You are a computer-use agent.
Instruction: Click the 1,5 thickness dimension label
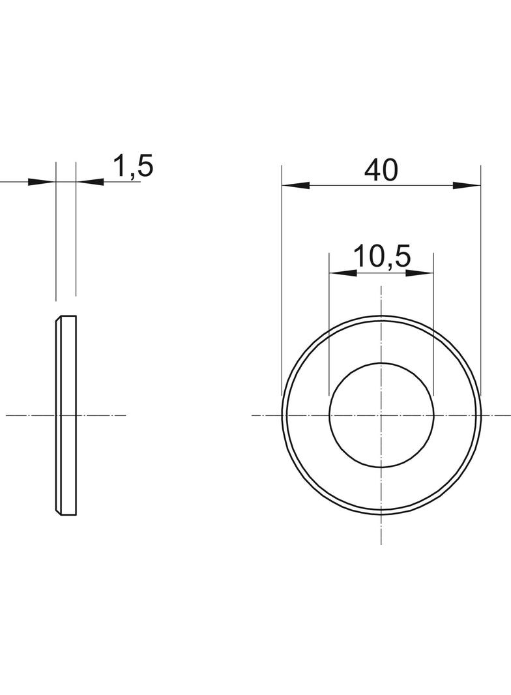click(x=134, y=166)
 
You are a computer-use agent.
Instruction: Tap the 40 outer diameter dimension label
click(x=381, y=170)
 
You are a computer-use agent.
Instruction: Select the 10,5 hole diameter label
click(x=382, y=257)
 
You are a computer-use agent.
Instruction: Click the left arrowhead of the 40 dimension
click(x=296, y=185)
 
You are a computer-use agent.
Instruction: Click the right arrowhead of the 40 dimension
click(x=467, y=185)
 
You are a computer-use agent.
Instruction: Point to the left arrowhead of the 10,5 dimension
click(x=343, y=273)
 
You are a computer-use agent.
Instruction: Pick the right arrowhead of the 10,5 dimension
click(x=419, y=273)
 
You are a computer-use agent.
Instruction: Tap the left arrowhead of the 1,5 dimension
click(x=42, y=182)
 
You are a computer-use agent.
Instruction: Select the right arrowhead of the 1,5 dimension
click(x=89, y=182)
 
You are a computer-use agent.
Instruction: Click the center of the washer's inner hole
click(x=381, y=415)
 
